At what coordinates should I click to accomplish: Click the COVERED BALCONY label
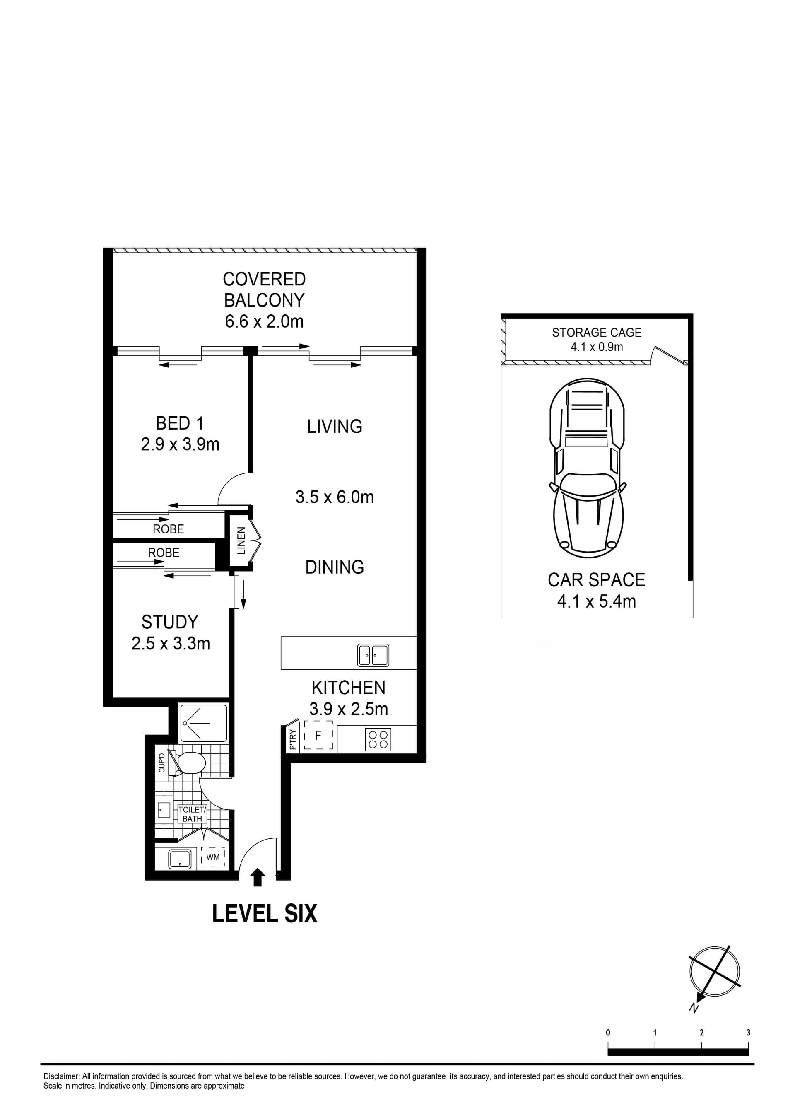(264, 290)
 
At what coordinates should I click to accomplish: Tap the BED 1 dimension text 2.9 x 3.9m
(180, 444)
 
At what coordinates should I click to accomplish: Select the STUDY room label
(170, 622)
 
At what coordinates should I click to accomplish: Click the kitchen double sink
(373, 654)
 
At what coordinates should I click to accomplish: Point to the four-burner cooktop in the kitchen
(378, 739)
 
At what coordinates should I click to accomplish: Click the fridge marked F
(318, 735)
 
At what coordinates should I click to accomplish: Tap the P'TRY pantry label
(293, 740)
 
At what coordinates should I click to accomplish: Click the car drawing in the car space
(588, 468)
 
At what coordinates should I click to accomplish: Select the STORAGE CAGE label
(597, 333)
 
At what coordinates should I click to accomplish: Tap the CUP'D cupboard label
(162, 763)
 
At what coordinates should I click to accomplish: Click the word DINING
(335, 567)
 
